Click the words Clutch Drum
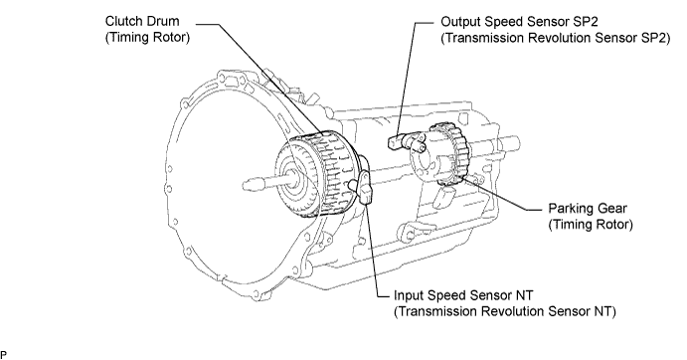(142, 21)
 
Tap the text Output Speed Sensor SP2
(519, 22)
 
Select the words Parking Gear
(588, 208)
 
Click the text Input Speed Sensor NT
(463, 295)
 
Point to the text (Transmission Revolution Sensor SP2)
(555, 38)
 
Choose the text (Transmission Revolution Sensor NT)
(505, 311)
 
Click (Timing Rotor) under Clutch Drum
(148, 37)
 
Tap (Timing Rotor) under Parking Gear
(591, 225)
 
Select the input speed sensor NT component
(364, 187)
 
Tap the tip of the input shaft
(245, 185)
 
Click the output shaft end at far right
(517, 142)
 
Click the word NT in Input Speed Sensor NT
(524, 295)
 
